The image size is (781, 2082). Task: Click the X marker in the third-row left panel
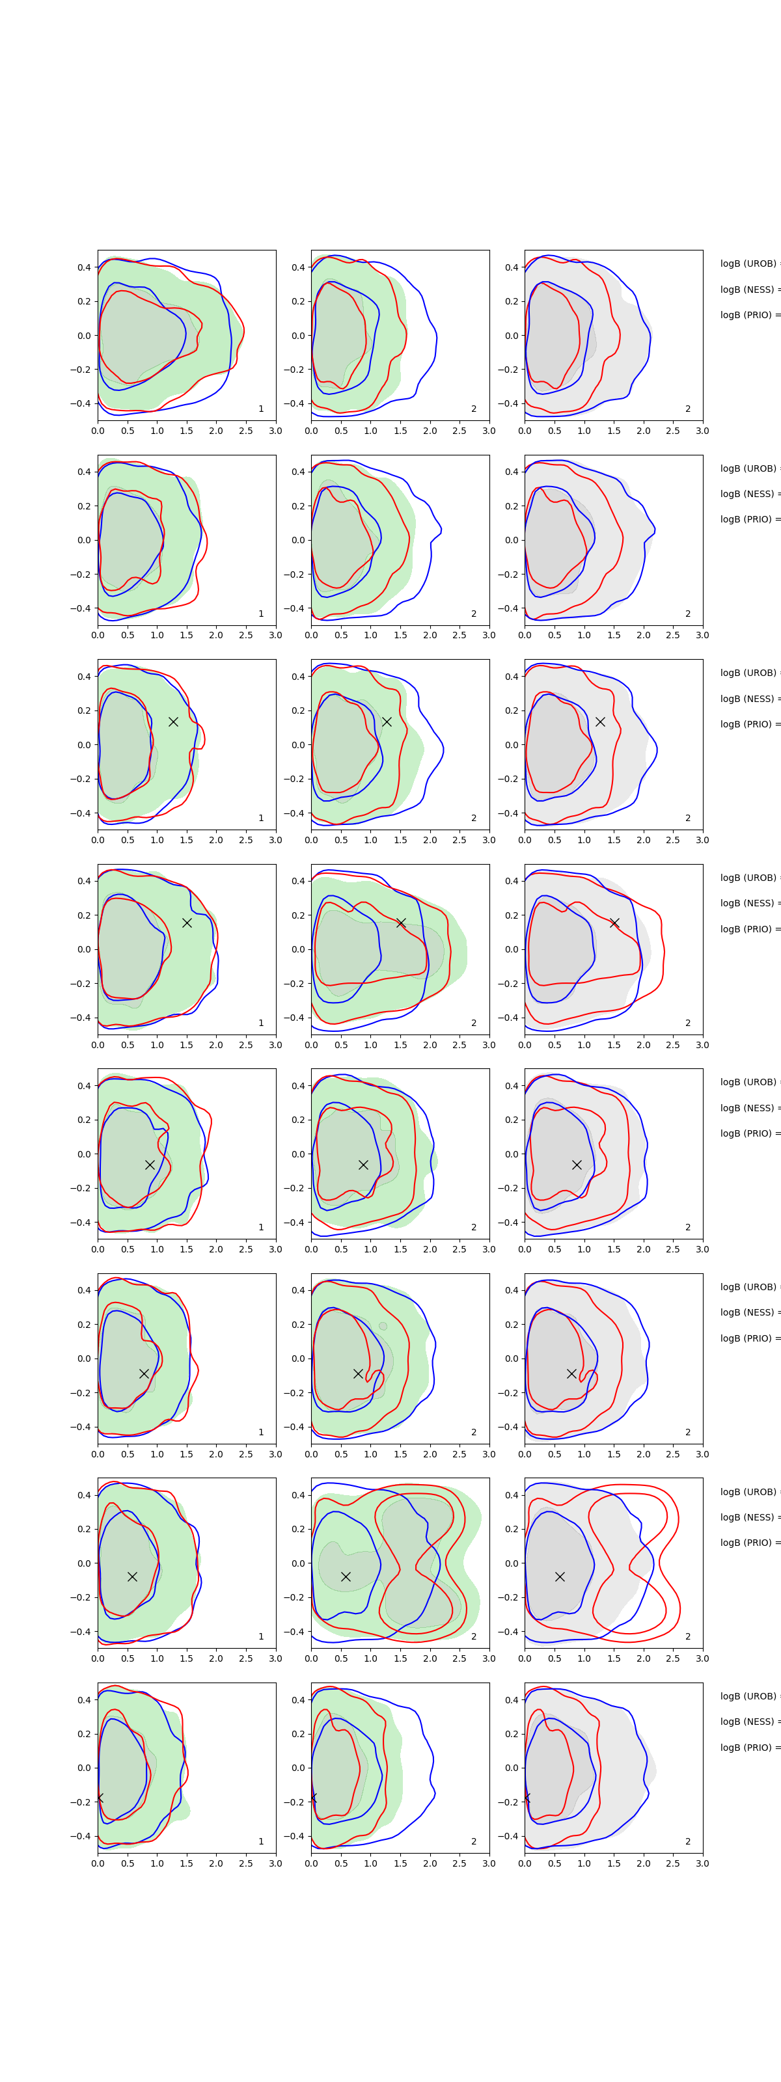click(173, 721)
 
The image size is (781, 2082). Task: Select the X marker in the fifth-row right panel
click(577, 1165)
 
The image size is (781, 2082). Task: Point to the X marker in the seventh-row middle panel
click(345, 1576)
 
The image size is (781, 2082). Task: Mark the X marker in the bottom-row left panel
click(100, 1798)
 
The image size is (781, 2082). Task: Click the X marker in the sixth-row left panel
click(144, 1373)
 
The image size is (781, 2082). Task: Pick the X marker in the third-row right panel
click(600, 721)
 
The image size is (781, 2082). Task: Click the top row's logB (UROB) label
click(748, 264)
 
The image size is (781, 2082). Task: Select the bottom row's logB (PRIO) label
click(748, 1748)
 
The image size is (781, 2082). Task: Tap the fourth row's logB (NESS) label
click(748, 903)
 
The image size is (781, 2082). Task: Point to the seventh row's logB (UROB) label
click(748, 1491)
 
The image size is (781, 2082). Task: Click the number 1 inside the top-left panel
click(260, 409)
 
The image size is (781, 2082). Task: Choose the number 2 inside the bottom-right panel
click(688, 1841)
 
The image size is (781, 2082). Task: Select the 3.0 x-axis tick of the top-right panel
click(702, 431)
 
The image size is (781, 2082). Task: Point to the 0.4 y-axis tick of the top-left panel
click(84, 267)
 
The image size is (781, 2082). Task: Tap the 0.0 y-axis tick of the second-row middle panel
click(298, 540)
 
